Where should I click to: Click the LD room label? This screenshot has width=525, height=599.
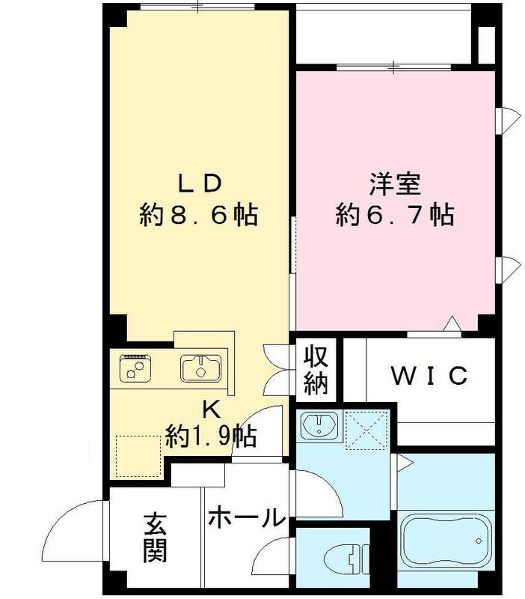pyautogui.click(x=198, y=183)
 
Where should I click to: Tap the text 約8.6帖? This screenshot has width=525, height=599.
pyautogui.click(x=198, y=216)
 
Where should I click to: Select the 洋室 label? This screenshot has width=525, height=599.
pyautogui.click(x=395, y=183)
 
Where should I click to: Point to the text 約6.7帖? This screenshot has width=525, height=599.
pyautogui.click(x=395, y=216)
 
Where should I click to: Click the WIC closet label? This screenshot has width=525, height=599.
pyautogui.click(x=430, y=375)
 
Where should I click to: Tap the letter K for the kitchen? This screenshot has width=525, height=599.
pyautogui.click(x=212, y=409)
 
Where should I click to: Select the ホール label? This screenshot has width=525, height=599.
pyautogui.click(x=245, y=517)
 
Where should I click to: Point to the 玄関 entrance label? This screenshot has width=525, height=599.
pyautogui.click(x=155, y=537)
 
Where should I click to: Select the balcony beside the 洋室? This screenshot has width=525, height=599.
pyautogui.click(x=384, y=36)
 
